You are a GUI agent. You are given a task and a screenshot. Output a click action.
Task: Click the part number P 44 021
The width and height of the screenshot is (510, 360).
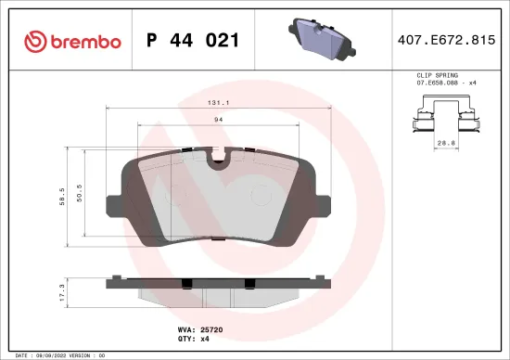pyautogui.click(x=193, y=41)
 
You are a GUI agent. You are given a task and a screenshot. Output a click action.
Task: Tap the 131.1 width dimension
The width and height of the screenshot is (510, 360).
pyautogui.click(x=220, y=104)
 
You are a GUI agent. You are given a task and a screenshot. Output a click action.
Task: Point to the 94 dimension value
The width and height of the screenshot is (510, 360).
pyautogui.click(x=220, y=120)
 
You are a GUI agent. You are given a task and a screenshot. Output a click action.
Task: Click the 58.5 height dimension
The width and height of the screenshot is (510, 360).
pyautogui.click(x=62, y=196)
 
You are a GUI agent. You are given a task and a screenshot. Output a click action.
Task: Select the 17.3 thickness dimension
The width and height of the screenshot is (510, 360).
pyautogui.click(x=62, y=292)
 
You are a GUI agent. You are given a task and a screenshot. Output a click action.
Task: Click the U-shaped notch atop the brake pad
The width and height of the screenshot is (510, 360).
pyautogui.click(x=220, y=163)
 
